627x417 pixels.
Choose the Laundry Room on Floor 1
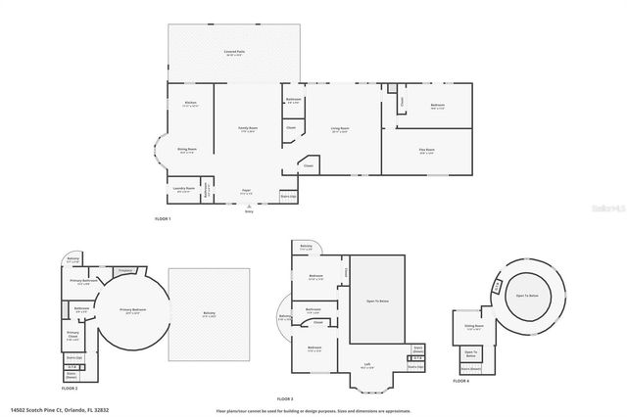click(182, 188)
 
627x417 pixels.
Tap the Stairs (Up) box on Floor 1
click(288, 196)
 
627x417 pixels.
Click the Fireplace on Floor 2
click(124, 270)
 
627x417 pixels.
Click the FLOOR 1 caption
click(163, 218)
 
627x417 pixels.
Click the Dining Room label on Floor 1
click(187, 150)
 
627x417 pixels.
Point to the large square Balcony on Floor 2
click(209, 313)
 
